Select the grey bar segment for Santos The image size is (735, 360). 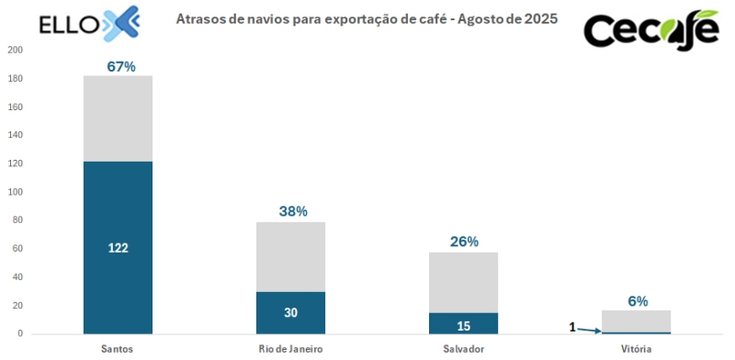pos(118,118)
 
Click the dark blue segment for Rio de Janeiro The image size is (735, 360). pos(290,312)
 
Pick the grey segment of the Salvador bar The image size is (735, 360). pos(463,282)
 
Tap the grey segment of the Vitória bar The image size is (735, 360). pos(637,321)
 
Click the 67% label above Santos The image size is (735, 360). pos(121,66)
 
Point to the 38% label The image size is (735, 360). pos(292,211)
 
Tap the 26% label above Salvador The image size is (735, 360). pos(464,242)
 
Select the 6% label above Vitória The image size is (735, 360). pos(638,300)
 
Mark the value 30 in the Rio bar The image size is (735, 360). pos(290,312)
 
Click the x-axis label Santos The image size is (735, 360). pos(118,349)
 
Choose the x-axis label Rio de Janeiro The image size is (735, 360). pos(290,349)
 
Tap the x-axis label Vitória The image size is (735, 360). pos(637,349)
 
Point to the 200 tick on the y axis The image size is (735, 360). pos(14,51)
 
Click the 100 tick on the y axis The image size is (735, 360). pos(14,192)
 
